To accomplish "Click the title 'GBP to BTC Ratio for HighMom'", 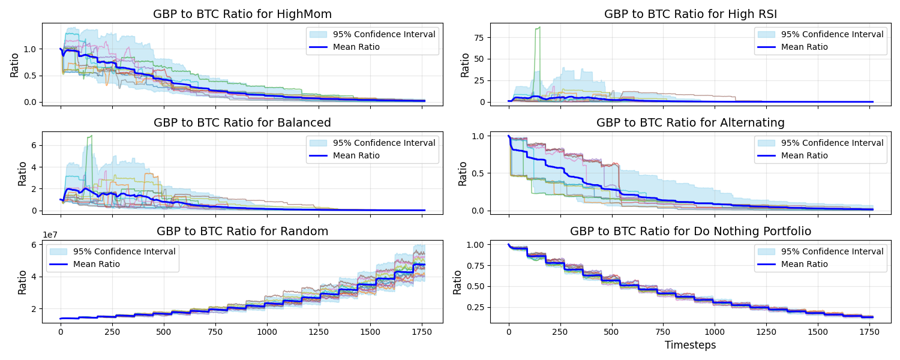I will (x=242, y=14).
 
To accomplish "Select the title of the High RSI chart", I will (x=691, y=14).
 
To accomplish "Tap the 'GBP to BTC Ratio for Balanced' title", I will (x=242, y=122).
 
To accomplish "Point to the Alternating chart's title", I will (x=691, y=122).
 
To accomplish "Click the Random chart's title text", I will (x=242, y=231).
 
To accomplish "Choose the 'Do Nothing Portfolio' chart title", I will (x=691, y=231).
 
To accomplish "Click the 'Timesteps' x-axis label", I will (x=691, y=345).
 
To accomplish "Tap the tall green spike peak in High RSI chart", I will (x=539, y=28).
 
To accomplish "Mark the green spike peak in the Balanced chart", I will (x=91, y=136).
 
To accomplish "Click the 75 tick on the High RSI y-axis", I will (x=478, y=37).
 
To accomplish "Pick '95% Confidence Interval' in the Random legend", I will (x=124, y=251).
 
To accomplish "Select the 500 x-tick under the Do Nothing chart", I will (x=611, y=331).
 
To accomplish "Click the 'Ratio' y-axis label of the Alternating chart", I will (x=463, y=173).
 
